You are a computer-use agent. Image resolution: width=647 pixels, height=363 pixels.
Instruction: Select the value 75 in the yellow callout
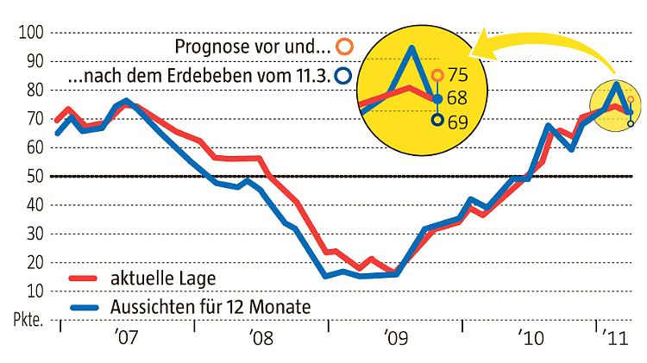(x=458, y=75)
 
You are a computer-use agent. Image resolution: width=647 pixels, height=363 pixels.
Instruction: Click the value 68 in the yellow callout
(x=458, y=98)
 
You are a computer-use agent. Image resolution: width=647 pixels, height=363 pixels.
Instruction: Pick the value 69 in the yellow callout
(x=458, y=122)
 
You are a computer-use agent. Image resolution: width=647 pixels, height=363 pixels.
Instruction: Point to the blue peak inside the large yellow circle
(x=412, y=47)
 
